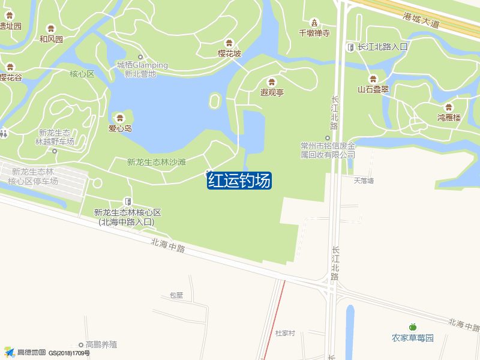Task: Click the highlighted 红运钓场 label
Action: [x=239, y=181]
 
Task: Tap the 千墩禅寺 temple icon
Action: [x=314, y=22]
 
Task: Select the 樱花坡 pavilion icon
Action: [x=229, y=43]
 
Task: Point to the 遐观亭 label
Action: [x=272, y=92]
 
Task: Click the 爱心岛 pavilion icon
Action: [x=120, y=118]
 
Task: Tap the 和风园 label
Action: [x=51, y=39]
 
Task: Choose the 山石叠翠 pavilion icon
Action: [x=373, y=79]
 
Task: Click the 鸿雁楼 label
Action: [x=449, y=118]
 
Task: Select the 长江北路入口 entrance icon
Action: [x=350, y=47]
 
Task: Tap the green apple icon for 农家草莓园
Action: [x=412, y=327]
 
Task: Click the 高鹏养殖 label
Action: [x=101, y=344]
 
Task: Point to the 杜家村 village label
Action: [x=285, y=332]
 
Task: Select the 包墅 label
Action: [x=176, y=295]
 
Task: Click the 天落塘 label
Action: [x=364, y=180]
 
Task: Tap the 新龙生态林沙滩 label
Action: [x=157, y=162]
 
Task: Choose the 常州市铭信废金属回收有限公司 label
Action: [x=328, y=150]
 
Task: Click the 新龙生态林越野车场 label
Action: [x=55, y=137]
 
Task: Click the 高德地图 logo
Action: [x=24, y=352]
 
